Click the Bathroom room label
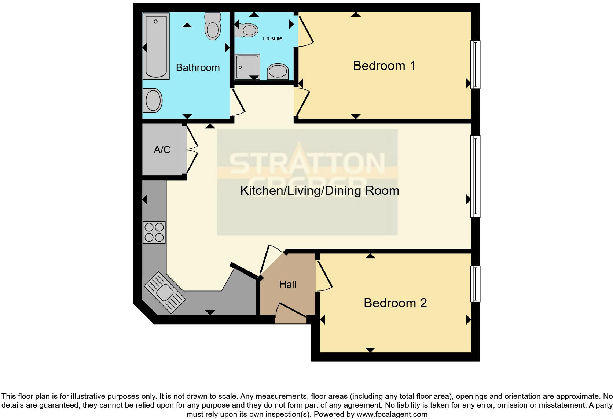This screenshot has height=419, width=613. (x=198, y=68)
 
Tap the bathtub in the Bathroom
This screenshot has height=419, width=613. (x=156, y=46)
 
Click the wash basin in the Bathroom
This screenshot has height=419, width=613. (x=153, y=101)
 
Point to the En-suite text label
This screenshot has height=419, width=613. (x=272, y=38)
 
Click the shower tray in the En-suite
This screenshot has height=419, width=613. (x=247, y=67)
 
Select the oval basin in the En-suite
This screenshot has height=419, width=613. (x=278, y=71)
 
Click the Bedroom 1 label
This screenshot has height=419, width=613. (x=384, y=66)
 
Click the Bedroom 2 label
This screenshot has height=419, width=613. (x=395, y=303)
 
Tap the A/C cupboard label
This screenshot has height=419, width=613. (x=162, y=150)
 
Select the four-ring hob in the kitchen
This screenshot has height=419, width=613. (x=154, y=232)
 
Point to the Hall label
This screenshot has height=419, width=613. (x=287, y=285)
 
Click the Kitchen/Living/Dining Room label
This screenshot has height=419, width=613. (x=319, y=191)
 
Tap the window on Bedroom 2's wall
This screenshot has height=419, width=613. (x=475, y=284)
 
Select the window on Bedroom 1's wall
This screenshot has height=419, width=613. (x=475, y=64)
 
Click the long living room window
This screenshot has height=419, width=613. (x=475, y=176)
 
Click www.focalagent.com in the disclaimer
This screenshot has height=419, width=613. (x=392, y=414)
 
